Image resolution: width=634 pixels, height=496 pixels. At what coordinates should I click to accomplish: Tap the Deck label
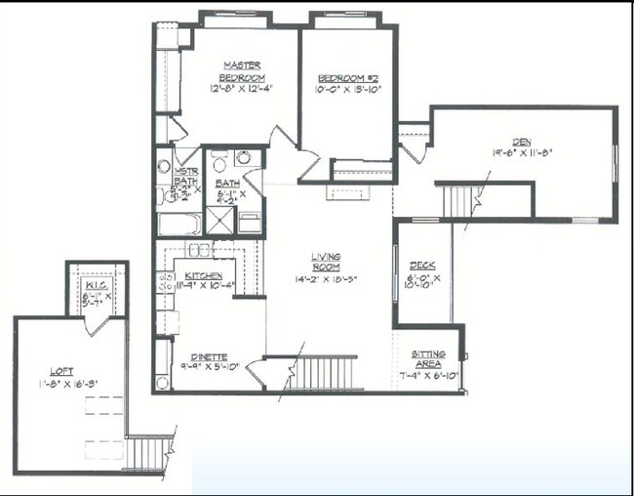click(x=422, y=266)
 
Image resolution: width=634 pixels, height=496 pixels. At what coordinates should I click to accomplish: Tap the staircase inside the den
click(x=457, y=200)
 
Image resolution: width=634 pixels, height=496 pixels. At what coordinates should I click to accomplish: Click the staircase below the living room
click(x=314, y=373)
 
